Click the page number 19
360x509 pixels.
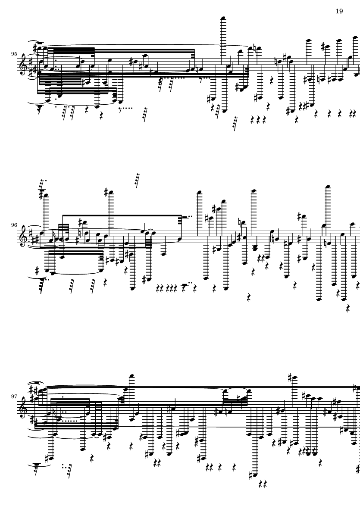(x=339, y=11)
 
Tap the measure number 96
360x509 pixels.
(x=15, y=225)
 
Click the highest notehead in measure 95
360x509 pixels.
(x=223, y=18)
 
